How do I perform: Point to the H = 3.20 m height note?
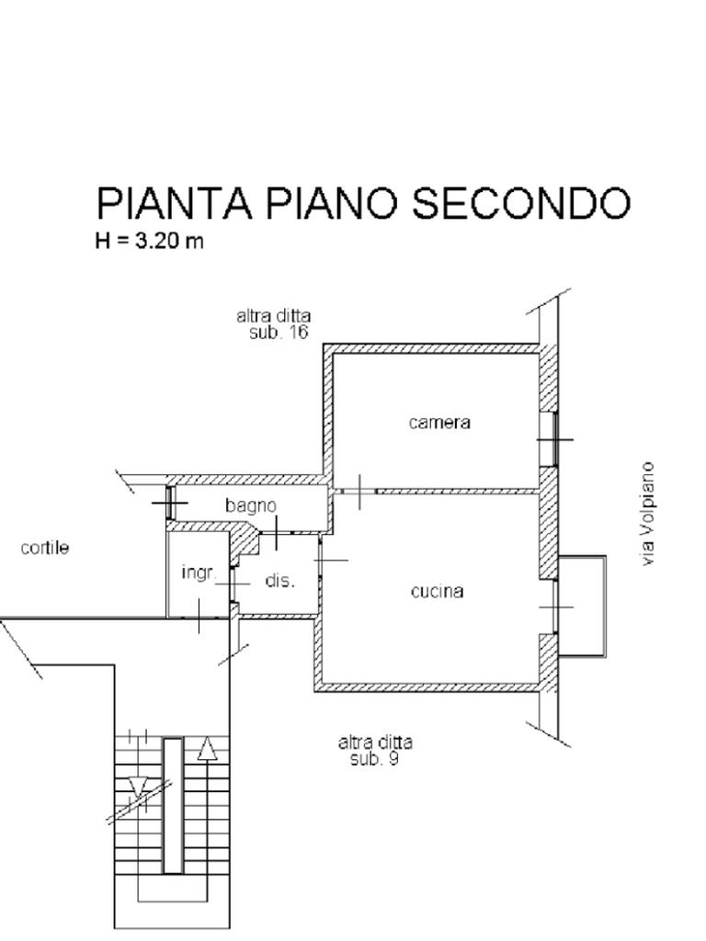point(150,241)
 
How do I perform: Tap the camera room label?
point(439,423)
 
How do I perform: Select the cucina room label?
point(437,592)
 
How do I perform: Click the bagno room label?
point(251,506)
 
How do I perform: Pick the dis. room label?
point(279,581)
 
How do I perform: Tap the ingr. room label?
point(199,573)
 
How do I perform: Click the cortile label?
point(44,548)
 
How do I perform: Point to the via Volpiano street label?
point(647,513)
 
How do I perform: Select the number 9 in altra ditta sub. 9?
point(393,759)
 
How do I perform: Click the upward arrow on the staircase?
point(207,750)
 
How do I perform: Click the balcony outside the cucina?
point(581,607)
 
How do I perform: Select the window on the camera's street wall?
point(548,439)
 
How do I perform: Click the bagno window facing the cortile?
point(170,503)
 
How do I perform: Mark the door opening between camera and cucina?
point(356,492)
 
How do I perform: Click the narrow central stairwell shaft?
point(173,805)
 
